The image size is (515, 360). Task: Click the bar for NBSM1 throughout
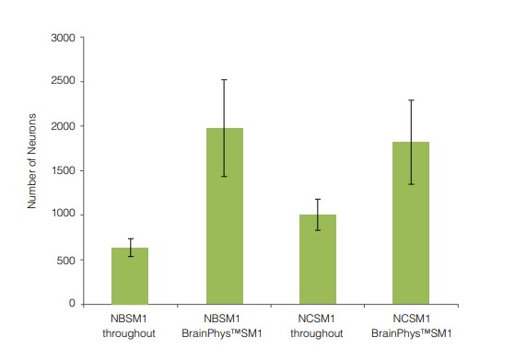click(130, 275)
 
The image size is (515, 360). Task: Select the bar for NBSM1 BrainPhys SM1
click(225, 215)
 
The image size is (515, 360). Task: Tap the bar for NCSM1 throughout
click(318, 259)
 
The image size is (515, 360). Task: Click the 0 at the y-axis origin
click(72, 304)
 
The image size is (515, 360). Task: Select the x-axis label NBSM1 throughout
click(130, 326)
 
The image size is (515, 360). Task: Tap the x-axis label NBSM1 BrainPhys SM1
click(225, 326)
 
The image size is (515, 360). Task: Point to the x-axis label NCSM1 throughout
click(318, 326)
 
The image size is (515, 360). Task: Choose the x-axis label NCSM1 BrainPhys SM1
click(411, 326)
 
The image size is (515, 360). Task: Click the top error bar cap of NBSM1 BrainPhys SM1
click(225, 80)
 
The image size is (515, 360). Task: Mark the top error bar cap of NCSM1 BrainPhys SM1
click(411, 100)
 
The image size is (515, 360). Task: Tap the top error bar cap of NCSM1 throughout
click(318, 199)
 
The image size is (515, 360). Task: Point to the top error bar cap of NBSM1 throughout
click(130, 238)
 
